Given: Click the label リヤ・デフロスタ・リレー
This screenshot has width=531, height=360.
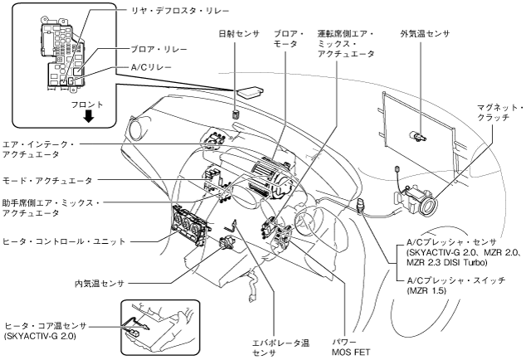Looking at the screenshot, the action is click(180, 11).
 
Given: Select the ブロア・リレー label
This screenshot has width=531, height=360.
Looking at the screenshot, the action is click(158, 50).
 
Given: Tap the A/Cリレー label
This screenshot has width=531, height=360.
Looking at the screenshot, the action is click(151, 67).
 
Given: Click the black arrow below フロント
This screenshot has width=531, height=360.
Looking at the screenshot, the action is click(89, 116).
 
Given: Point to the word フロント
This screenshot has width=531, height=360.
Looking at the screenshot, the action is click(87, 105).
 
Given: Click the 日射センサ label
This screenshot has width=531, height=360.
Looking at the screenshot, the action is click(238, 34).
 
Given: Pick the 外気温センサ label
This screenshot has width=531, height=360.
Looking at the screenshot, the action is click(425, 34).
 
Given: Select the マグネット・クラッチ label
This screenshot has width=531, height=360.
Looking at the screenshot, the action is click(499, 113).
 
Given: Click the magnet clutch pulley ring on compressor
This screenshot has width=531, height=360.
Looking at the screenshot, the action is click(428, 206).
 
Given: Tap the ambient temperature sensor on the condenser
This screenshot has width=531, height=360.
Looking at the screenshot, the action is click(418, 135).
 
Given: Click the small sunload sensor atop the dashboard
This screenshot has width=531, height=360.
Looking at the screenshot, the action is click(236, 114).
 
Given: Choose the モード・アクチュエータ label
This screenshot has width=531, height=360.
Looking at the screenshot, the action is click(47, 181).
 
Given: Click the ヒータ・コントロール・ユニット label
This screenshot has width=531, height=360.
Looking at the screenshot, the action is click(64, 241).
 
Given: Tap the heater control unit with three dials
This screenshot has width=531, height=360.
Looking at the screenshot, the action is click(188, 225).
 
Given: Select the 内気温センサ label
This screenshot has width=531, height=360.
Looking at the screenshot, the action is click(100, 283).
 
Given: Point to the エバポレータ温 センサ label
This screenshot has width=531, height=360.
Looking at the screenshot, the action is click(280, 348).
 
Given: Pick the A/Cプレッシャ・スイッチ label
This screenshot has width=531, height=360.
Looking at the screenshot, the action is click(456, 280).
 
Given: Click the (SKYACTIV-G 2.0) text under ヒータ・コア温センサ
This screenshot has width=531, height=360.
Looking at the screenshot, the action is click(40, 337).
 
